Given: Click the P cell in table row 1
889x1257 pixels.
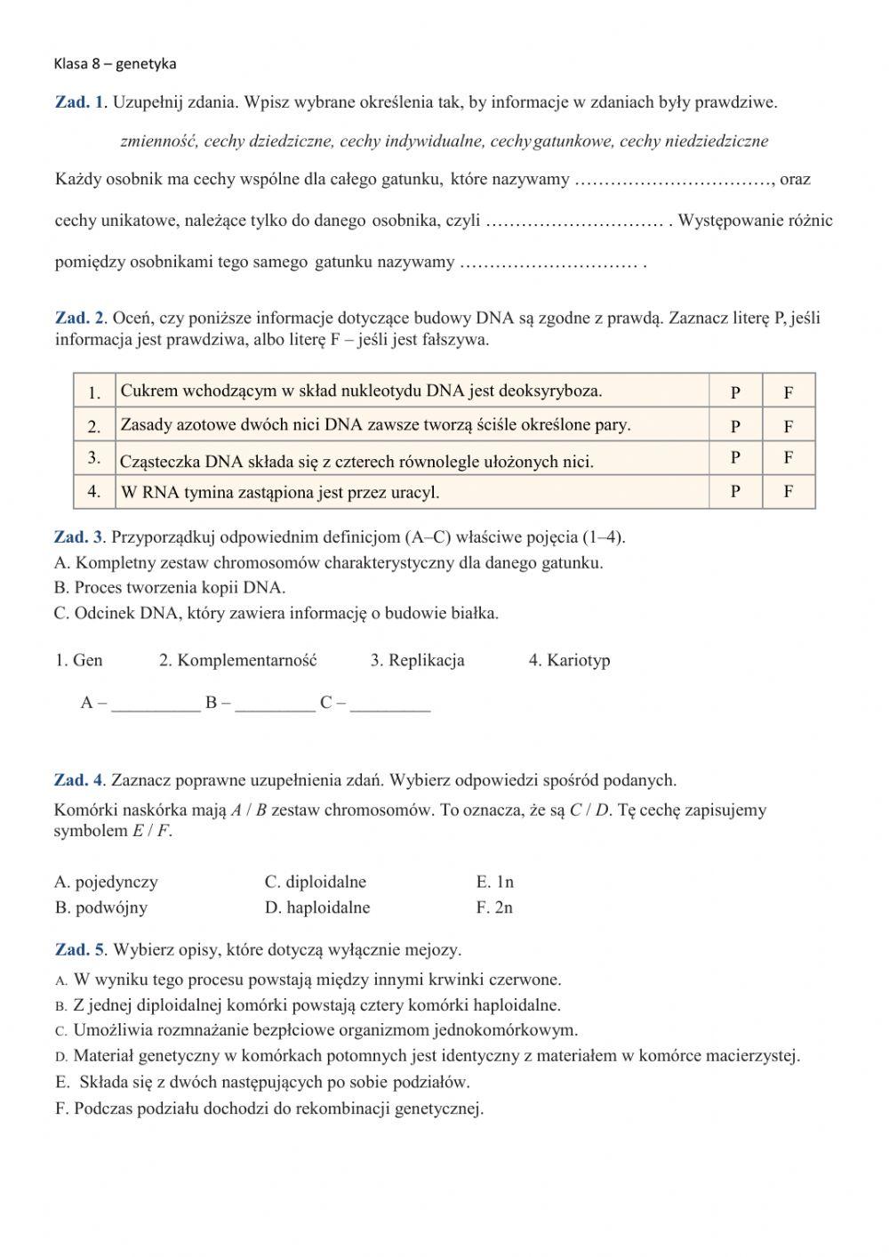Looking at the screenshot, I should [735, 391].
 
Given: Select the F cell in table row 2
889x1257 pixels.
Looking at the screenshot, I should [789, 426].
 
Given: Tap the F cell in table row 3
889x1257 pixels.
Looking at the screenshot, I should [789, 458].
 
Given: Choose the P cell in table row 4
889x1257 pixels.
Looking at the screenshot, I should [735, 491].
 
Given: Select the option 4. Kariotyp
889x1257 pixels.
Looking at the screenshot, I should [569, 660].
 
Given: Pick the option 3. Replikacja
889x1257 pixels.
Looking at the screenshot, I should [417, 660].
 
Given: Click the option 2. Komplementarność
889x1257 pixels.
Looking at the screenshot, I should [237, 660].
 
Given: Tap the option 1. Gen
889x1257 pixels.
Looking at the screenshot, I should [78, 660].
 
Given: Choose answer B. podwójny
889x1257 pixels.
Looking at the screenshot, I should [100, 907].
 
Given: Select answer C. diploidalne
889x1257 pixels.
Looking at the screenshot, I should [316, 882].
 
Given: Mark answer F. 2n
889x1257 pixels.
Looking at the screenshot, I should [494, 907].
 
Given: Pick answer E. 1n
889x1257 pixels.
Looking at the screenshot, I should [495, 882].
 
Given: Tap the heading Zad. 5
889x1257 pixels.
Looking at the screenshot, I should [80, 950].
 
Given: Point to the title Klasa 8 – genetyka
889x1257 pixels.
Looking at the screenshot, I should [115, 63].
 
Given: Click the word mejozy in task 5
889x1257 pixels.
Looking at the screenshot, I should [435, 950].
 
